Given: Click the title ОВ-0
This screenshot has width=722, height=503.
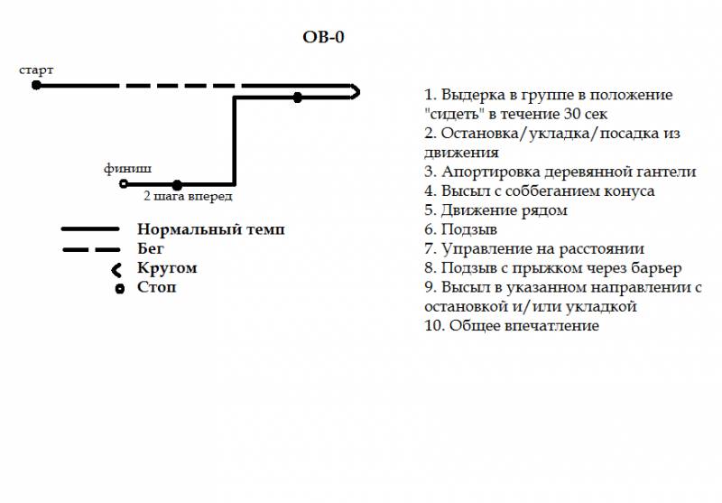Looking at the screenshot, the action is coord(323,37).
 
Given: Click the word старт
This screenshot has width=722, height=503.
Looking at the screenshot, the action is coord(36,70).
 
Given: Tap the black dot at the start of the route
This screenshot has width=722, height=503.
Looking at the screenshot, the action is coord(36,85).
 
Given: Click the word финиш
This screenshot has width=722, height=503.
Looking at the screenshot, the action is coord(127,169).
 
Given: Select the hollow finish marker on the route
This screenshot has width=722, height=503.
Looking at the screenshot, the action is coord(124,184).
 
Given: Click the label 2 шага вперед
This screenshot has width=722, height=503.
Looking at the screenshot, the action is coord(188,196).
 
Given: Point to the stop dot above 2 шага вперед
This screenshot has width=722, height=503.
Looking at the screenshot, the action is coord(177,185).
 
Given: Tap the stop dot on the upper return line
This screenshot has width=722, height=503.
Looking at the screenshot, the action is coord(298,98).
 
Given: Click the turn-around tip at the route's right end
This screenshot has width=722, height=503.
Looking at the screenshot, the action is coord(358,92).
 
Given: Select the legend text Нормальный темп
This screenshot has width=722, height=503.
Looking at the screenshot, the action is coord(211,229).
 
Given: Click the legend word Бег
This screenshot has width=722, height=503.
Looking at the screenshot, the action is coord(151,248).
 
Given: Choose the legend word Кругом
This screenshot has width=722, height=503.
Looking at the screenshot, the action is coord(167,268).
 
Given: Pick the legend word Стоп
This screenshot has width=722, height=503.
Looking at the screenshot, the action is coord(156,287).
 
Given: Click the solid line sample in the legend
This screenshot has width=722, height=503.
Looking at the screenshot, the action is coord(90,229).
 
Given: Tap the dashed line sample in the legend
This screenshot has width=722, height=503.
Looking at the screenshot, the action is coord(91,249).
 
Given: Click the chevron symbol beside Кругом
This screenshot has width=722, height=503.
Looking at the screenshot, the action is coord(115,270).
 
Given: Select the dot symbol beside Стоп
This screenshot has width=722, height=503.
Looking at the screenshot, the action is coord(120,289).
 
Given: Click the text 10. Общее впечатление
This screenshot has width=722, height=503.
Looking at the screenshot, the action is coord(512,326).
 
